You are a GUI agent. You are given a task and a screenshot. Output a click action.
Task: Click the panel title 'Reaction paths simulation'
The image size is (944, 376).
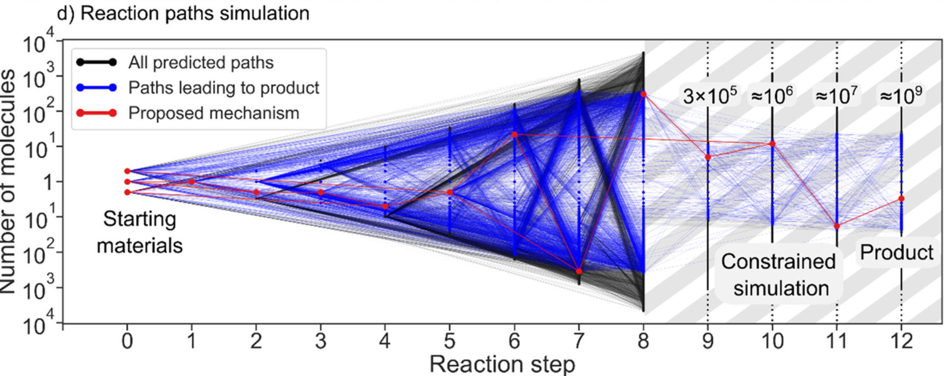pos(194,13)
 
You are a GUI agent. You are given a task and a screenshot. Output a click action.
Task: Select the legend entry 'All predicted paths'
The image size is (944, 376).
pos(200,62)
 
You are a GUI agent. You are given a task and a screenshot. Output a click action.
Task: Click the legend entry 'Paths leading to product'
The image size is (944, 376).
pos(223,88)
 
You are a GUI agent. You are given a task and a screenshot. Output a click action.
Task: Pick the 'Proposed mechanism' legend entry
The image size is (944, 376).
pos(214,113)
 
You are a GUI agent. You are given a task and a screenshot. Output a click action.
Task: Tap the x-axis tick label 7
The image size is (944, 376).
pos(579,341)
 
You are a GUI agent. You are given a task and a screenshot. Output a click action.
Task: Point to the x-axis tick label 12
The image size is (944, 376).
pos(901,341)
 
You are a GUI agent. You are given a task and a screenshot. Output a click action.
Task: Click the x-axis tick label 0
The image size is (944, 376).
pos(127,341)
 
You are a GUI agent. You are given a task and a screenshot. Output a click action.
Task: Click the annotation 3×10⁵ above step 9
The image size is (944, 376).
pos(710,96)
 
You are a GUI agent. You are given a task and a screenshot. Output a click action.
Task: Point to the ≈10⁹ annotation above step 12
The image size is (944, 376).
pos(901,96)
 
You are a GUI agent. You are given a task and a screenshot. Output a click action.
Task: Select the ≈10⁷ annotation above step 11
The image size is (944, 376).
pos(836,96)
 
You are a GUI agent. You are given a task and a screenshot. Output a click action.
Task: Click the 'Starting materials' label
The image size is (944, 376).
pos(139,232)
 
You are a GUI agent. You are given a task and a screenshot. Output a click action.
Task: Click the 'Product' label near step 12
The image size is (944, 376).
pos(896,253)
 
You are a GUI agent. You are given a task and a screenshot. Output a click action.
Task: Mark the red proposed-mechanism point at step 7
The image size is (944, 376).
pos(579,271)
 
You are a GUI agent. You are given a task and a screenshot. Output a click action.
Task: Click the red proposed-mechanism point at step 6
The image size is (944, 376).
pos(515,135)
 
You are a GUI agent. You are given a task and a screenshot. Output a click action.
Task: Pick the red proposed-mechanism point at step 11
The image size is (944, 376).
pos(837,226)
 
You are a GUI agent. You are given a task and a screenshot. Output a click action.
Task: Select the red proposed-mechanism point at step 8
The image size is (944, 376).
pos(643,94)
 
